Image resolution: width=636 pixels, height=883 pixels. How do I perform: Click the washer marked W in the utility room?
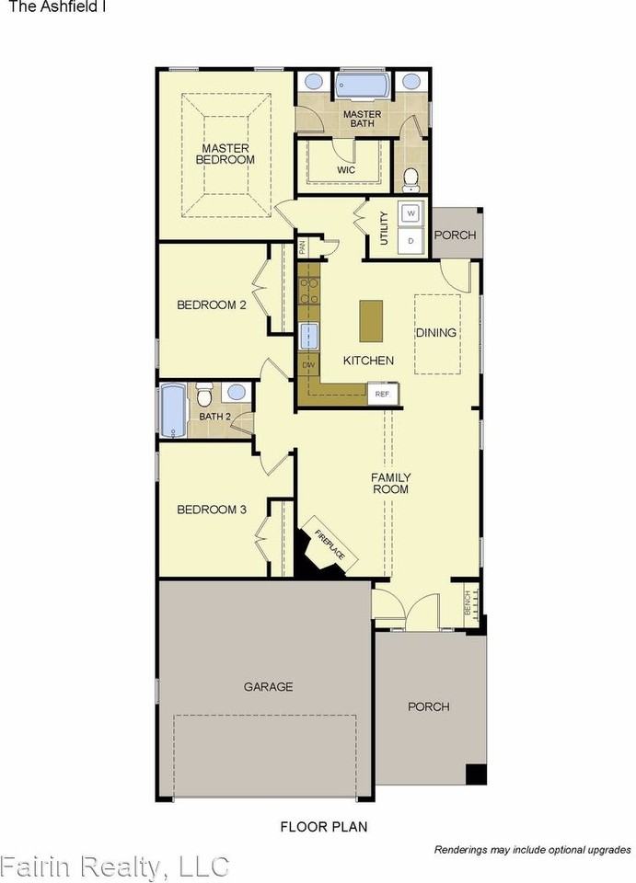411,213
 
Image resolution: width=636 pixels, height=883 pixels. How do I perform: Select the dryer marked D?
411,241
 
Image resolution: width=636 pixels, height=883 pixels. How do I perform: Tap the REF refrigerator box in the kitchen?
383,394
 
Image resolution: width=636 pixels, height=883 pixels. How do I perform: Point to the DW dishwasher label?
308,365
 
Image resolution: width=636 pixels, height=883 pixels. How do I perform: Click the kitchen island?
371,320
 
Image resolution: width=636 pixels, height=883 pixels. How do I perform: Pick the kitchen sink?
309,336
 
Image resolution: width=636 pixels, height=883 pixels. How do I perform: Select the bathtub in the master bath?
363,86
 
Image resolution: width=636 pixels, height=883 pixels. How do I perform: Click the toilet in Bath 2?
203,396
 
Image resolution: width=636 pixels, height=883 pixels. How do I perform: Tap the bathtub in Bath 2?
173,411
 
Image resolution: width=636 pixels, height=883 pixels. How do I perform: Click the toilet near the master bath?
411,178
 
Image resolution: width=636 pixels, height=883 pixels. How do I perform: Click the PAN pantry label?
303,247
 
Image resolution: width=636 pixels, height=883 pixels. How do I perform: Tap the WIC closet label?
346,169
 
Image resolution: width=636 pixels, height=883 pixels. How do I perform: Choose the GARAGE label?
268,686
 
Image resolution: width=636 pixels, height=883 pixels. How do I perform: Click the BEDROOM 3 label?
212,510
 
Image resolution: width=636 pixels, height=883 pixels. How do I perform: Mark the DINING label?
436,333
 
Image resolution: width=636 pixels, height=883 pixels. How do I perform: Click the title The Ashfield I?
57,6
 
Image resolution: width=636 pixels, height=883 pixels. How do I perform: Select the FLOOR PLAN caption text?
324,827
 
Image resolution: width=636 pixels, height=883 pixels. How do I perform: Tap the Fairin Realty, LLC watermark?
115,866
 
